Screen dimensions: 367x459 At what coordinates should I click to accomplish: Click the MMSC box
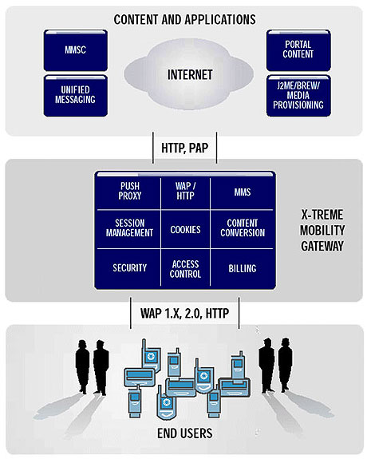(76, 50)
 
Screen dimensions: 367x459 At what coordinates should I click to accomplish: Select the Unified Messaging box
(76, 96)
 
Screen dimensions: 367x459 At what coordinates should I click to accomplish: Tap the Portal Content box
(298, 50)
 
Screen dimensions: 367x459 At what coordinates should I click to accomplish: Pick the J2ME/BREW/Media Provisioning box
(298, 96)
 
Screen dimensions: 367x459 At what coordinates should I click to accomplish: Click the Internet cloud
(189, 74)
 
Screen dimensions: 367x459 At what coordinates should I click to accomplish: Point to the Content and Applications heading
(184, 20)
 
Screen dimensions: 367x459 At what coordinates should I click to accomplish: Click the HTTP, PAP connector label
(184, 148)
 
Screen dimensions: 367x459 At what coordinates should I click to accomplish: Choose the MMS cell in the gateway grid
(243, 192)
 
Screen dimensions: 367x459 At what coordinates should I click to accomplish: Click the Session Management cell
(129, 228)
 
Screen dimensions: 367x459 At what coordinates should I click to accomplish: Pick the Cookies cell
(185, 229)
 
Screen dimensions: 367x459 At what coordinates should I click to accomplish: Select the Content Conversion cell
(243, 228)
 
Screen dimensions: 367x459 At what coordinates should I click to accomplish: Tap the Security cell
(129, 267)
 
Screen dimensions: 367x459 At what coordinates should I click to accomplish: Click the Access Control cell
(185, 269)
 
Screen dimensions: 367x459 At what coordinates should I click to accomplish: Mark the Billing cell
(243, 268)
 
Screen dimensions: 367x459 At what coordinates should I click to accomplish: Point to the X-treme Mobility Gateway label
(322, 231)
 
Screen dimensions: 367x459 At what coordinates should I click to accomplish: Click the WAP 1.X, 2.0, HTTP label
(184, 313)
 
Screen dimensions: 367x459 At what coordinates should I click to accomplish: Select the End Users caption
(184, 433)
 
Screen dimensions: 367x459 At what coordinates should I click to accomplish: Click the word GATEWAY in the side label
(322, 246)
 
